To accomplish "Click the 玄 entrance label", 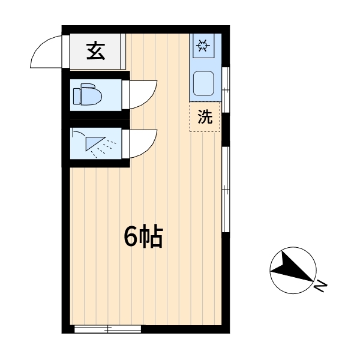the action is tap(96, 51).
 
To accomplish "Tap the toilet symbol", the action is tap(88, 94).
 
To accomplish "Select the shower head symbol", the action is tap(95, 143).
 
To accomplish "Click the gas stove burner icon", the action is tap(203, 45).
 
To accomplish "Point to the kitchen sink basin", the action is tap(203, 83).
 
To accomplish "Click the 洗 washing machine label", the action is tap(205, 116).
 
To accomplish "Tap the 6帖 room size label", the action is tap(143, 236).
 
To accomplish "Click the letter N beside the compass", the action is tap(320, 286).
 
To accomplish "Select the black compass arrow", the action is tap(292, 267).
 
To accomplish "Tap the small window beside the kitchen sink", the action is tap(226, 90).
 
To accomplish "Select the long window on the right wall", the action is tap(226, 190).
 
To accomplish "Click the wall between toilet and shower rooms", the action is tap(100, 119).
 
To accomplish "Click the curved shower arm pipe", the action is tap(79, 133).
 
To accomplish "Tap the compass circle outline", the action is tap(293, 247).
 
